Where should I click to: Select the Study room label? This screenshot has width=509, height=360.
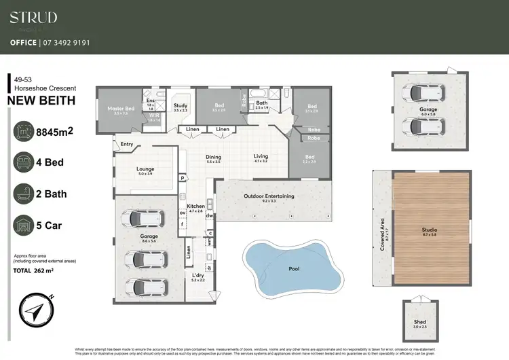tap(180, 106)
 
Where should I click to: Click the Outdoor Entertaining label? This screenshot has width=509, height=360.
tap(269, 196)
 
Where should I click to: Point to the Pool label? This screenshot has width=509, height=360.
tap(294, 269)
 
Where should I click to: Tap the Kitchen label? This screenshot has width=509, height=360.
tap(196, 206)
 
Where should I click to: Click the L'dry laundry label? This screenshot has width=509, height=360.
tap(197, 276)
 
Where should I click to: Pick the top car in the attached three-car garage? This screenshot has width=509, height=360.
tap(143, 219)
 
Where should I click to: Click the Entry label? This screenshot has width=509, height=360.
tap(127, 144)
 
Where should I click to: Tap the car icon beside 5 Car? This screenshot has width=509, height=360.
tap(24, 224)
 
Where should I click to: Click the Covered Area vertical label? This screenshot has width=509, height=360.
tap(383, 234)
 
